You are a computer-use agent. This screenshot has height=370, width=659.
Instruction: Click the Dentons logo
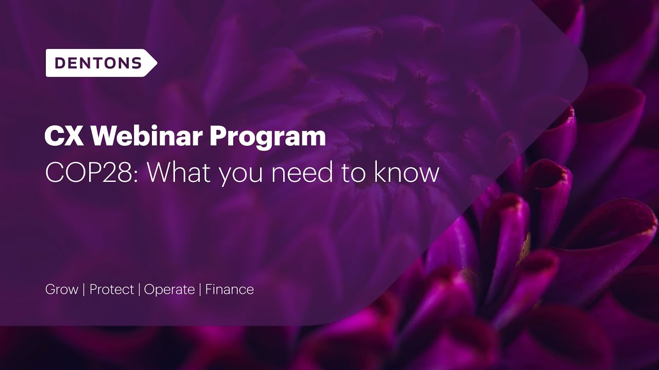click(100, 63)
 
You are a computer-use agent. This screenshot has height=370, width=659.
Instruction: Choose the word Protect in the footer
click(112, 289)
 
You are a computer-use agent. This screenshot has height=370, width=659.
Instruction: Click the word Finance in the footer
click(230, 289)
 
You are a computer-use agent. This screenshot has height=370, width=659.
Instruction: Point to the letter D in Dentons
click(60, 63)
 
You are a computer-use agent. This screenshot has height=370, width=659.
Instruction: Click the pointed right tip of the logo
click(156, 63)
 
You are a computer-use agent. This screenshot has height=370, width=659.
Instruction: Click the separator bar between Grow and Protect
click(84, 290)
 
